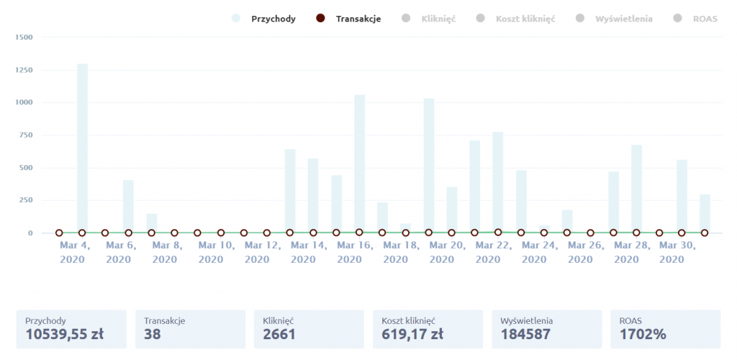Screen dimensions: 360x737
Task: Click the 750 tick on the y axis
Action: [x=25, y=135]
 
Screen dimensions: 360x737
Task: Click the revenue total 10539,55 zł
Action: [x=65, y=334]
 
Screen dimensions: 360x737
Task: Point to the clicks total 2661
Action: [x=279, y=334]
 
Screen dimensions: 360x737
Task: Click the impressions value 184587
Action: [x=525, y=334]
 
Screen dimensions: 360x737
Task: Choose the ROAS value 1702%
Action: [x=643, y=334]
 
